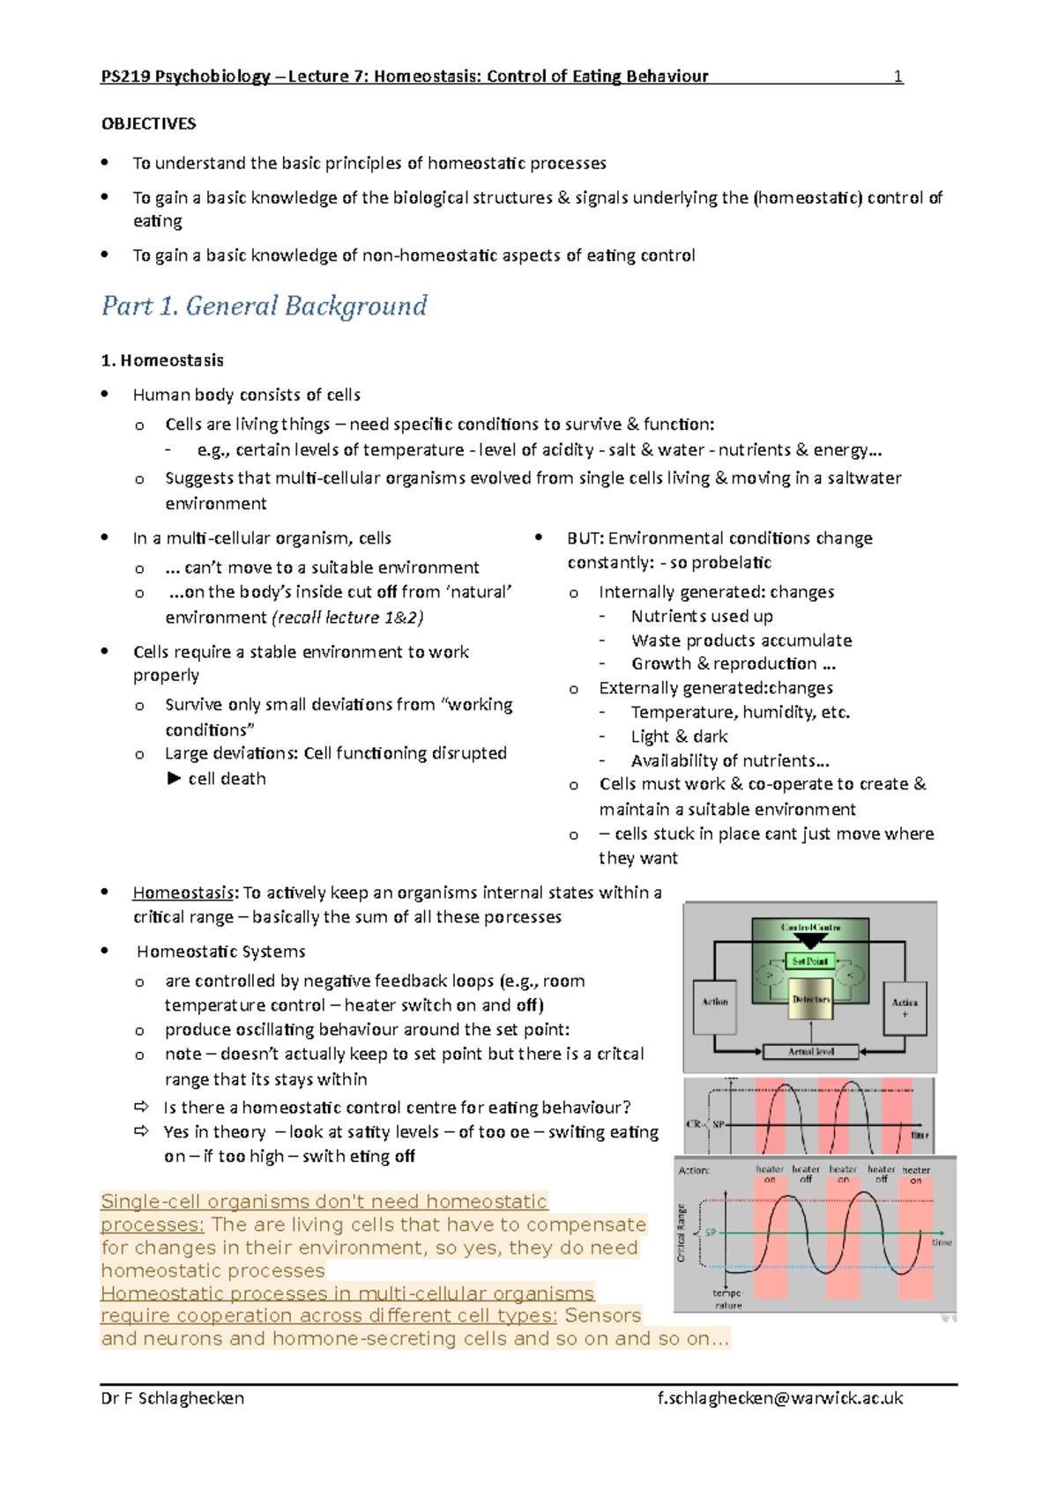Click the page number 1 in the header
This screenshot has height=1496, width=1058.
coord(898,77)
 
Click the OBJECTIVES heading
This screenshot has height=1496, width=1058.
coord(148,124)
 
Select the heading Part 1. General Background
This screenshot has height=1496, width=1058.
coord(264,307)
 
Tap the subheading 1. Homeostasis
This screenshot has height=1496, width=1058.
coord(162,360)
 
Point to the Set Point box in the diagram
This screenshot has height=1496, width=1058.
coord(809,961)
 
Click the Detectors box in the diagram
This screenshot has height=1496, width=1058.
coord(810,1000)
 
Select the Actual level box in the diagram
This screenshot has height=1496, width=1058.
coord(810,1051)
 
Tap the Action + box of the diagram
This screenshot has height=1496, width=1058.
coord(905,1008)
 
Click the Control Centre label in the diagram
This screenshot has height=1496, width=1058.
coord(810,928)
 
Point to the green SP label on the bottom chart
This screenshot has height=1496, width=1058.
coord(711,1233)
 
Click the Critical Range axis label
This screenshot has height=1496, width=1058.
coord(682,1233)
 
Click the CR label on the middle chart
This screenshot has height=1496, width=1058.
coord(693,1125)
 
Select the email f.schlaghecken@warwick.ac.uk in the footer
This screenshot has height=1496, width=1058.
coord(779,1398)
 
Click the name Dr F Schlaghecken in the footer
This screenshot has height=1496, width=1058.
coord(173,1398)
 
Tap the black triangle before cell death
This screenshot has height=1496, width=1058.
coord(174,779)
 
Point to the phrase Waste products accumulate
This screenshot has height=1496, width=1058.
coord(741,641)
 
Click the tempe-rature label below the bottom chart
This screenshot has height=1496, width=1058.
coord(728,1299)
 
